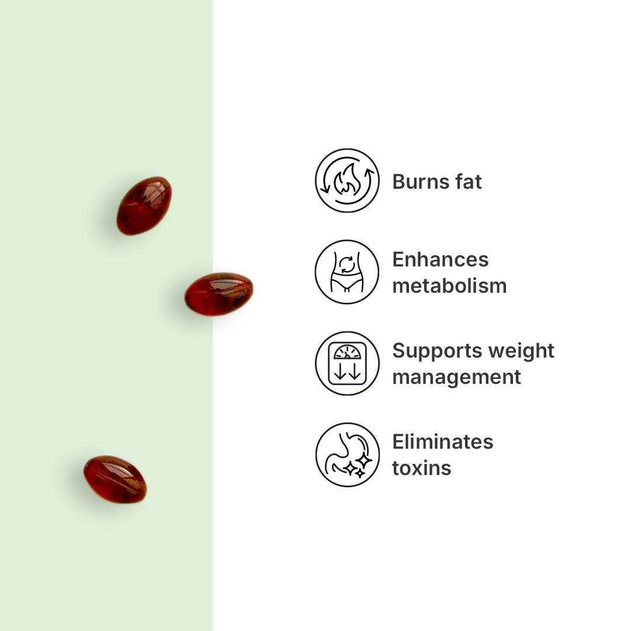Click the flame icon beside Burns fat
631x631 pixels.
tap(347, 181)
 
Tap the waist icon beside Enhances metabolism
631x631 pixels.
tap(347, 272)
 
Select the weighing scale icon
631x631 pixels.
tap(347, 363)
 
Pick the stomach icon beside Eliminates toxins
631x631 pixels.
tap(347, 455)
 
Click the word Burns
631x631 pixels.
tap(420, 182)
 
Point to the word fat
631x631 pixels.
tap(469, 182)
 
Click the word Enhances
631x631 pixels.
tap(441, 259)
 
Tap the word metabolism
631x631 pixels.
tap(449, 286)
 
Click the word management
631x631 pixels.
tap(456, 377)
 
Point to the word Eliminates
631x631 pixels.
tap(443, 442)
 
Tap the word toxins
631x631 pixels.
tap(422, 469)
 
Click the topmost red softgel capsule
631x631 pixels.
tap(144, 206)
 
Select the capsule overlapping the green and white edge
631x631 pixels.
tap(219, 294)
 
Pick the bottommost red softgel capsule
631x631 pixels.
tap(115, 479)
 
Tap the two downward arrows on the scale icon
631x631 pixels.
tap(347, 370)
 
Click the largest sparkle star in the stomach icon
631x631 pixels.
tap(363, 460)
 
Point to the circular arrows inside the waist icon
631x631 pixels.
tap(347, 265)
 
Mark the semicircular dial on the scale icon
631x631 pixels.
tap(347, 352)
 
